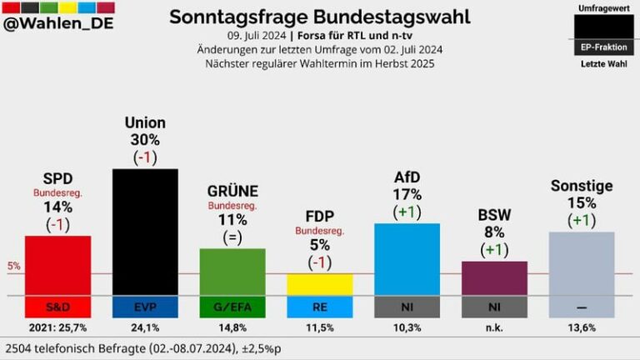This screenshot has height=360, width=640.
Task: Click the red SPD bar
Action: (x=57, y=265)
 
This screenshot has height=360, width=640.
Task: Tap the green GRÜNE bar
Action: (x=232, y=272)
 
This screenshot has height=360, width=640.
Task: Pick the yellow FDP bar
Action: (x=319, y=284)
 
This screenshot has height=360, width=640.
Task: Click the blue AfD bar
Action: (x=407, y=259)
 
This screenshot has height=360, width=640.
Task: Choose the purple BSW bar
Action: (x=494, y=278)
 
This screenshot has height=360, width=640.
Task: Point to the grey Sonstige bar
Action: (x=581, y=264)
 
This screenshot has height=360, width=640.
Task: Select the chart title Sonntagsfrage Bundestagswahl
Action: (x=319, y=17)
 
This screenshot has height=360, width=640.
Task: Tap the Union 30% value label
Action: (x=145, y=140)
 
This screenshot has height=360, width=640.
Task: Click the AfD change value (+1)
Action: (x=407, y=212)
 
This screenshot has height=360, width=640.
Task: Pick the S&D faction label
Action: (x=57, y=307)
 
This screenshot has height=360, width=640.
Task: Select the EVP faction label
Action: (x=145, y=307)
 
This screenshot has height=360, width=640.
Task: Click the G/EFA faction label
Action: (x=232, y=307)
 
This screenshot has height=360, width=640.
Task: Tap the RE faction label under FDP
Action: (x=319, y=307)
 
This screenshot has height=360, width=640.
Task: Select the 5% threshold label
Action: (x=13, y=267)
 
